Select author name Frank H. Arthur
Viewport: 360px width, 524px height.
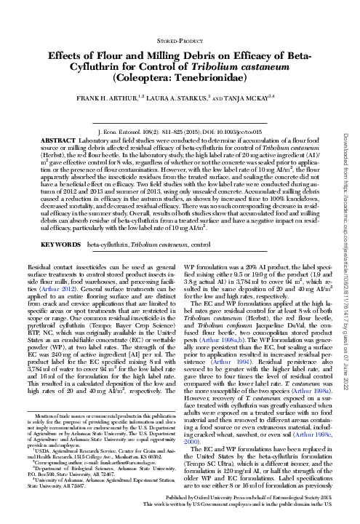[95, 99]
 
